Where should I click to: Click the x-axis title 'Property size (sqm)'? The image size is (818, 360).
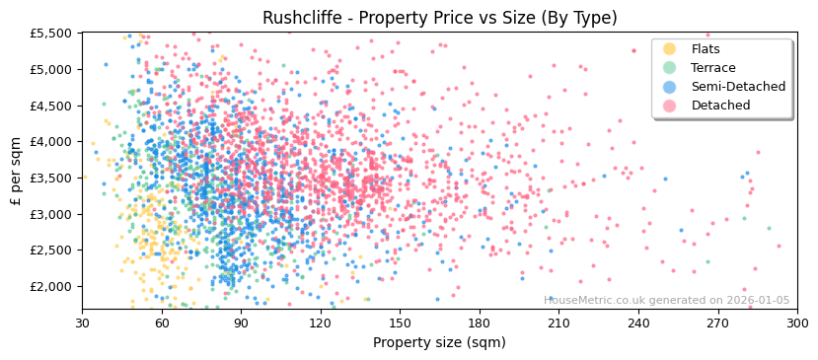tap(439, 343)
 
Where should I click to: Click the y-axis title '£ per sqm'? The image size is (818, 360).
tap(16, 171)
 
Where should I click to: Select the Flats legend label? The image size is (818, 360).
tap(706, 49)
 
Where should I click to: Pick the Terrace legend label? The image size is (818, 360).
tap(712, 68)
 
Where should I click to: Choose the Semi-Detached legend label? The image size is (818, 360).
tap(738, 87)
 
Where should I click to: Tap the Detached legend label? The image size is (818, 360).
tap(720, 106)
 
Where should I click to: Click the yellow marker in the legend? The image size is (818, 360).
tap(670, 49)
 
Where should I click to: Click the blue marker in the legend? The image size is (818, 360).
tap(670, 87)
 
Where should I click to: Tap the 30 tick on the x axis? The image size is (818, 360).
tap(82, 322)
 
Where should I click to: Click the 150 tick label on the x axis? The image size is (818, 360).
tap(400, 322)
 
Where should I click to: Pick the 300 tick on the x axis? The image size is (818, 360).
tap(796, 322)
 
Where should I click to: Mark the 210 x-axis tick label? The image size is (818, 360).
tap(558, 322)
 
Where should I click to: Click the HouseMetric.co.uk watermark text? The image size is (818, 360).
tap(666, 300)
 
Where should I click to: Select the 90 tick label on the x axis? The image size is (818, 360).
tap(241, 322)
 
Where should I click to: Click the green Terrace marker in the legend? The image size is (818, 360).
tap(670, 68)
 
